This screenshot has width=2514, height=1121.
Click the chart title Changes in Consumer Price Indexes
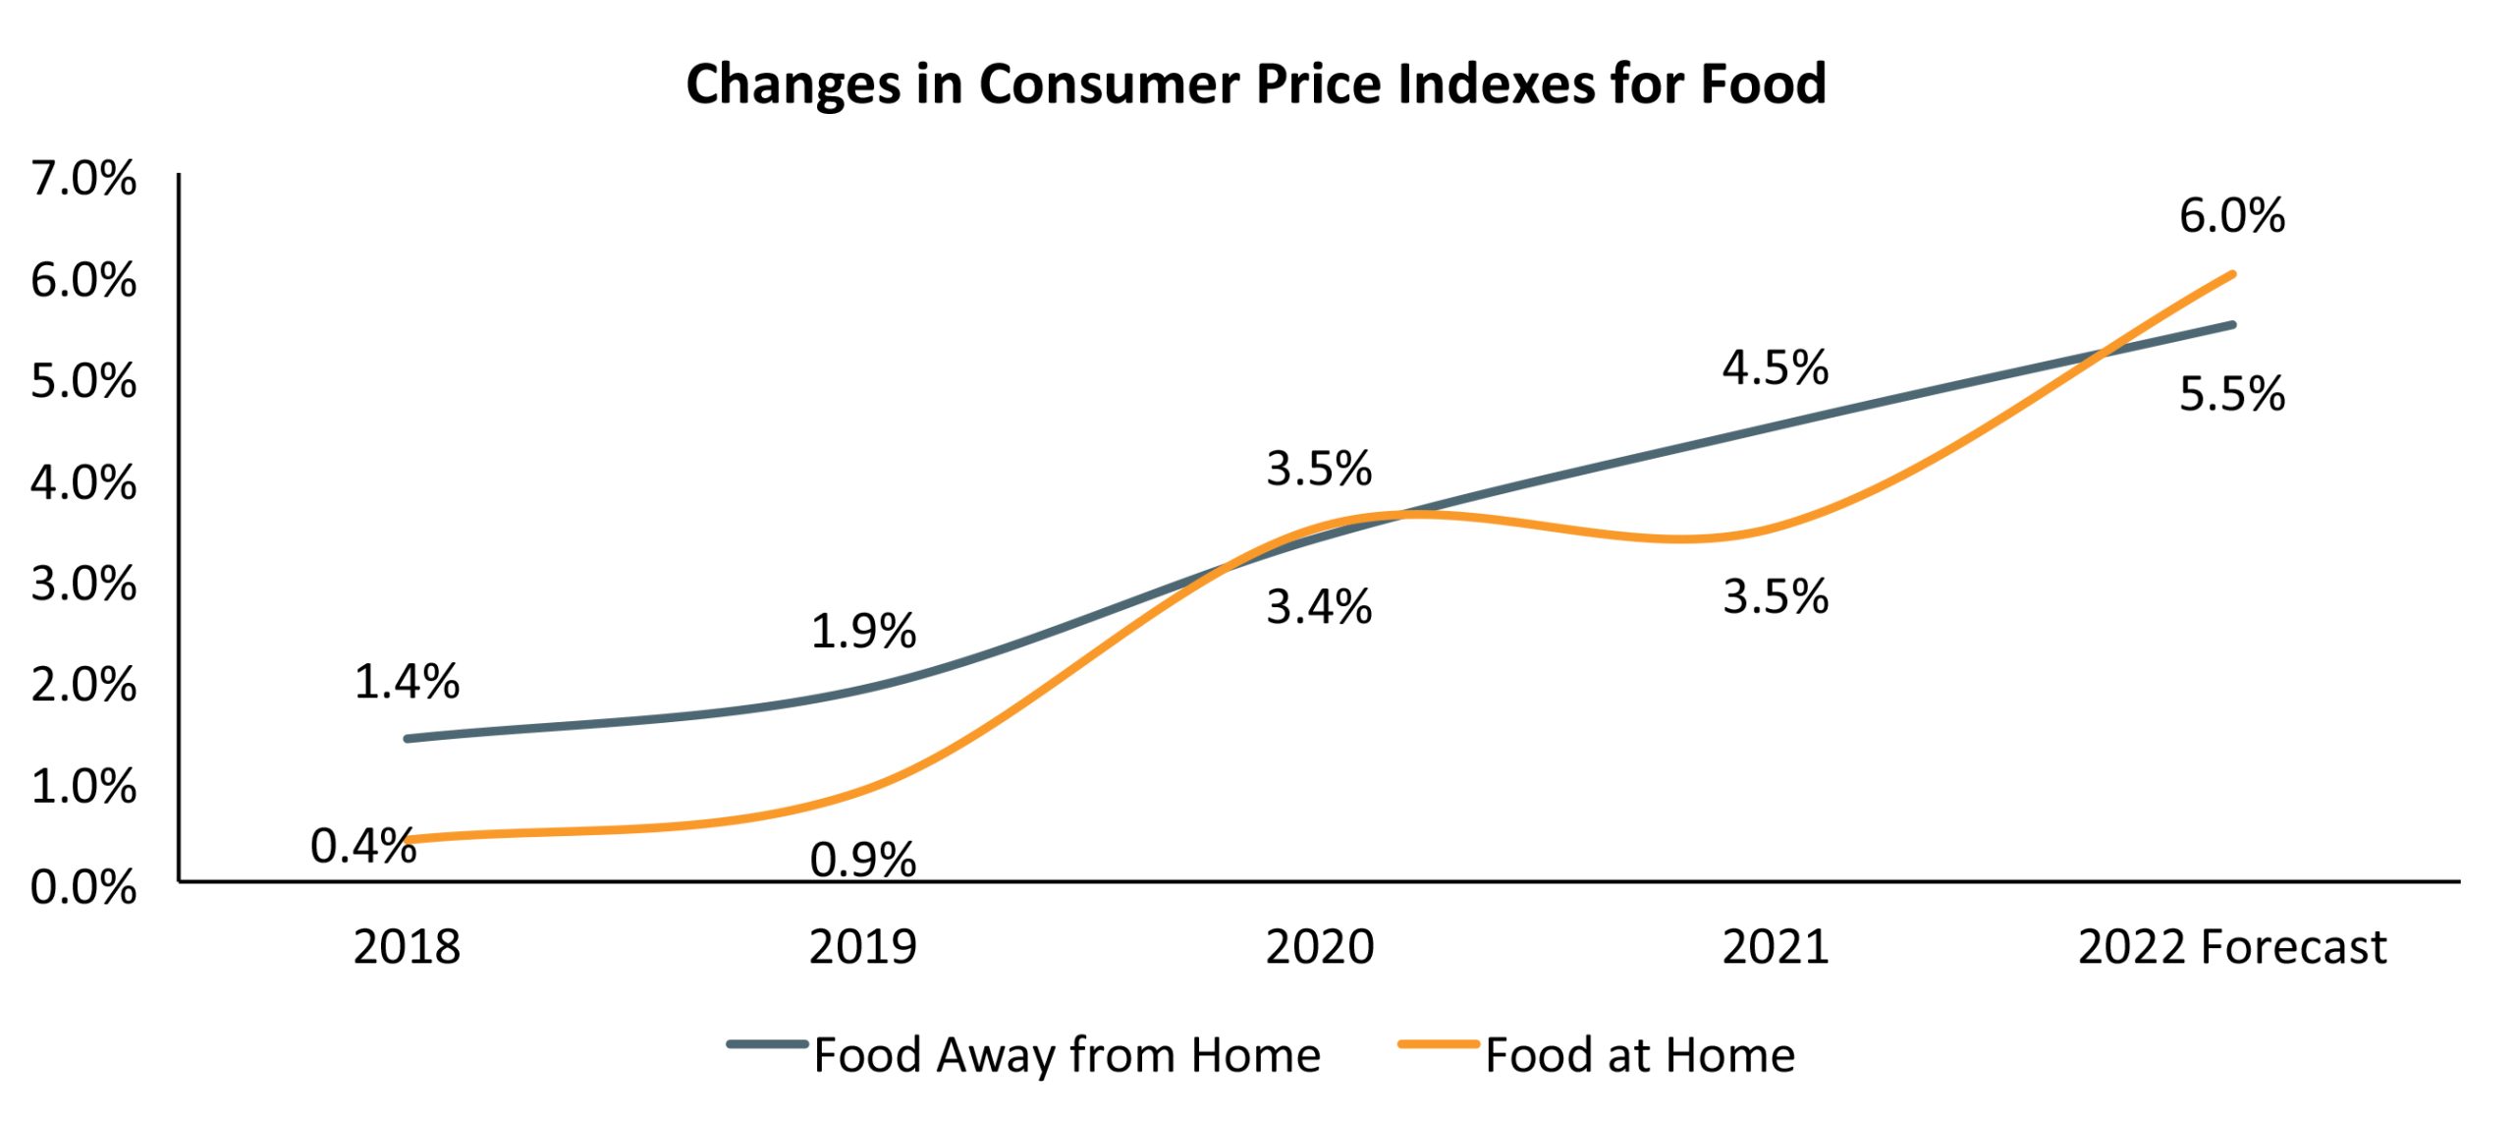pyautogui.click(x=1255, y=84)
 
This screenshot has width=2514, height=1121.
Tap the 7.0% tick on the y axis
pyautogui.click(x=83, y=180)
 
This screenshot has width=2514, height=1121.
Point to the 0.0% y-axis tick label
pyautogui.click(x=83, y=888)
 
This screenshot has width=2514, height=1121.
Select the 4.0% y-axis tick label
pyautogui.click(x=83, y=483)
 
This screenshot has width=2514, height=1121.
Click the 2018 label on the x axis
pyautogui.click(x=407, y=948)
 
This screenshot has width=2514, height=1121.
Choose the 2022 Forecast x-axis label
pyautogui.click(x=2231, y=948)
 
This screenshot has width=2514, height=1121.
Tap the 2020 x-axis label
pyautogui.click(x=1319, y=948)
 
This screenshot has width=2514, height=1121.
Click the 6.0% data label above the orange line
pyautogui.click(x=2231, y=216)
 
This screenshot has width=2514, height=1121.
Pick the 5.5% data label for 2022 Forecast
pyautogui.click(x=2231, y=395)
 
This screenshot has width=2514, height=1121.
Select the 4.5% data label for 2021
pyautogui.click(x=1775, y=368)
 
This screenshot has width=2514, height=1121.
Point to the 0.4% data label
pyautogui.click(x=362, y=846)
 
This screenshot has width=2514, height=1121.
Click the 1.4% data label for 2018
pyautogui.click(x=407, y=682)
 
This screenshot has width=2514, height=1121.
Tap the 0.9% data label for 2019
pyautogui.click(x=862, y=861)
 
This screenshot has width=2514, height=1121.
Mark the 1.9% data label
pyautogui.click(x=862, y=631)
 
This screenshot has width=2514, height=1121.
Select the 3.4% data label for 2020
pyautogui.click(x=1318, y=607)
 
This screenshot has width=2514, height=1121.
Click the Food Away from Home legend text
pyautogui.click(x=1066, y=1055)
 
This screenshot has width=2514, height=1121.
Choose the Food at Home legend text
pyautogui.click(x=1639, y=1055)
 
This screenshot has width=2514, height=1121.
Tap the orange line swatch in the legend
pyautogui.click(x=1439, y=1044)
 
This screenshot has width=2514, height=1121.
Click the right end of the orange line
pyautogui.click(x=2232, y=274)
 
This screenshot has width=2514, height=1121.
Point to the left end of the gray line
pyautogui.click(x=408, y=738)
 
